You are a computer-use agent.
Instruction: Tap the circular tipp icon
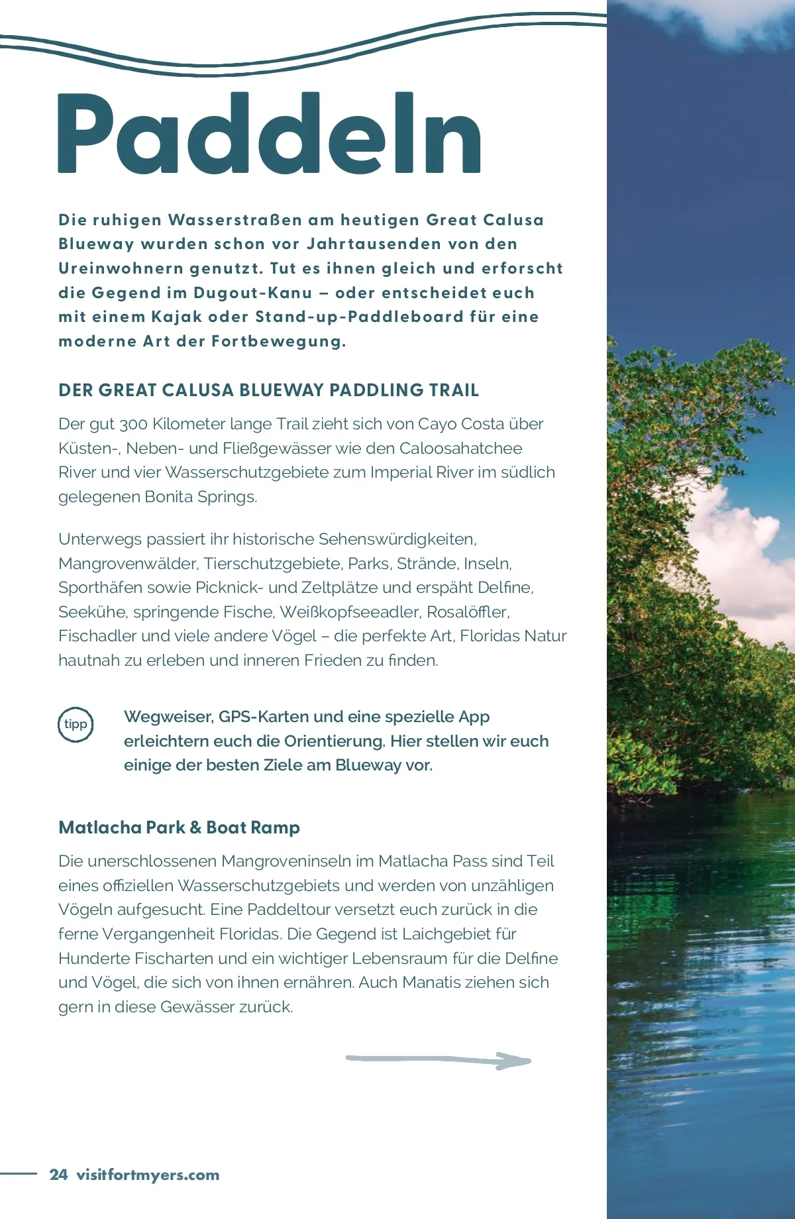(x=76, y=724)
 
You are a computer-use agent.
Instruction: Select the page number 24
(x=58, y=1175)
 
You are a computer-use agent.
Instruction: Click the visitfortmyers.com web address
(x=148, y=1175)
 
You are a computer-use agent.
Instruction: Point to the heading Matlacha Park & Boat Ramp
(x=179, y=827)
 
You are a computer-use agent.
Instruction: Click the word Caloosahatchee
(x=460, y=449)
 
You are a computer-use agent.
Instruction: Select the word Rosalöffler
(x=467, y=611)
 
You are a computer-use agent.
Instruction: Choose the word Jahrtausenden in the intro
(x=374, y=244)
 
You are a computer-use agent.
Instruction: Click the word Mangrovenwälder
(x=128, y=564)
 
